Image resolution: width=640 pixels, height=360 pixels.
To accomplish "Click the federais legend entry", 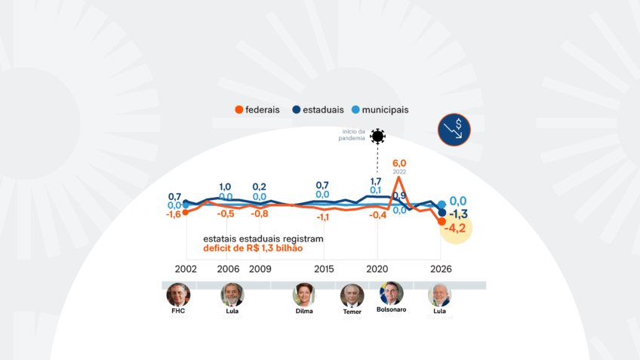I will tap(257, 109).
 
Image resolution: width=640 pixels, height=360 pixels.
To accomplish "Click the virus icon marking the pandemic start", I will tap(377, 136).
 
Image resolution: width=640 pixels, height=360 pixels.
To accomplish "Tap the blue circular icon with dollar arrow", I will tap(454, 130).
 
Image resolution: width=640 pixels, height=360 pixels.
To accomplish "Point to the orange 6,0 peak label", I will tap(399, 162).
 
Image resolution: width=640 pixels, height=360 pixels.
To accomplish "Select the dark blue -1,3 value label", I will tap(459, 214).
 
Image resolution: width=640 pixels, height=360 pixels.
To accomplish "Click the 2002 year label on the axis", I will tap(186, 269).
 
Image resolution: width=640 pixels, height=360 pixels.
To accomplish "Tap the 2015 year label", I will tap(324, 269).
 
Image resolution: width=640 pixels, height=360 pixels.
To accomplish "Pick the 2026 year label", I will tap(441, 269).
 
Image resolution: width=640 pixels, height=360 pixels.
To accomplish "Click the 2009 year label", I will tap(260, 269).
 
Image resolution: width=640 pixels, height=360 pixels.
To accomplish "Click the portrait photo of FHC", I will tap(178, 294).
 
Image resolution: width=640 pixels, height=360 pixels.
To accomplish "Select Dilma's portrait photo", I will tap(303, 294).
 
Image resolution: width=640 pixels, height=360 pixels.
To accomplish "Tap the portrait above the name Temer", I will tap(352, 294).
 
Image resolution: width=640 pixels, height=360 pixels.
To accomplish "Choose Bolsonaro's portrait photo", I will tap(391, 293).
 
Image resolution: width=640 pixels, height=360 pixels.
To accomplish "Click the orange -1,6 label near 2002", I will tap(174, 214).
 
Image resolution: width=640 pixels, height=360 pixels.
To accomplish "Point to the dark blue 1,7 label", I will tap(375, 181).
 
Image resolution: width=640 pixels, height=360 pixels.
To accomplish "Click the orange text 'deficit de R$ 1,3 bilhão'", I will tap(253, 248).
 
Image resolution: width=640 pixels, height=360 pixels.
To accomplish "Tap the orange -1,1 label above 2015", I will tap(322, 217).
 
